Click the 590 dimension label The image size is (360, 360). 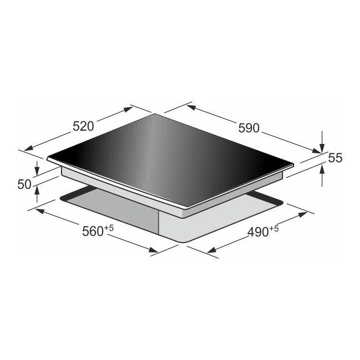tap(249, 128)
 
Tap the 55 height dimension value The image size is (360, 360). tap(335, 158)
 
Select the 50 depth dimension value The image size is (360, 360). tap(24, 184)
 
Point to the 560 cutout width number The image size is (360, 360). tap(92, 232)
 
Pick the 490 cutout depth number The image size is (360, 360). tap(258, 232)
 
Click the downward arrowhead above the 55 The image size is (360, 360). tap(323, 148)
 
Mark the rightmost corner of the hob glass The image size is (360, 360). tap(292, 164)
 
